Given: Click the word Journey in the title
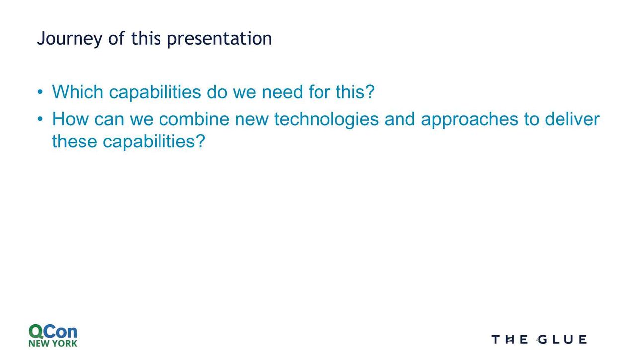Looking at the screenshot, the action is [70, 39].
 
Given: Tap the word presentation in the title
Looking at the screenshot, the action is [220, 39].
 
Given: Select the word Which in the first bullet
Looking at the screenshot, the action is [78, 92].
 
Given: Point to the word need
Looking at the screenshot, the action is [282, 92].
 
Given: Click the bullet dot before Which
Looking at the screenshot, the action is [40, 92].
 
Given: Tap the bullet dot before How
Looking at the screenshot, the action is [40, 119].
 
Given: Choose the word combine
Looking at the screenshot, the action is [194, 119].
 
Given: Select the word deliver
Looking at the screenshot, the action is [572, 119].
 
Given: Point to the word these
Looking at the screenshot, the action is [75, 142].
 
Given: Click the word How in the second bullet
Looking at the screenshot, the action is [70, 119].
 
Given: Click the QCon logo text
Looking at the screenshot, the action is [53, 331].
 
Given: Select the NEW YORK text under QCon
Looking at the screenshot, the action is [53, 343].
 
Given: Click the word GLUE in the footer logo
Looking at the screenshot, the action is [562, 340].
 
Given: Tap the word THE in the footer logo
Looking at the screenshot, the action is [510, 340].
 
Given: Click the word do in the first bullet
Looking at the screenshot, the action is [217, 92].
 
